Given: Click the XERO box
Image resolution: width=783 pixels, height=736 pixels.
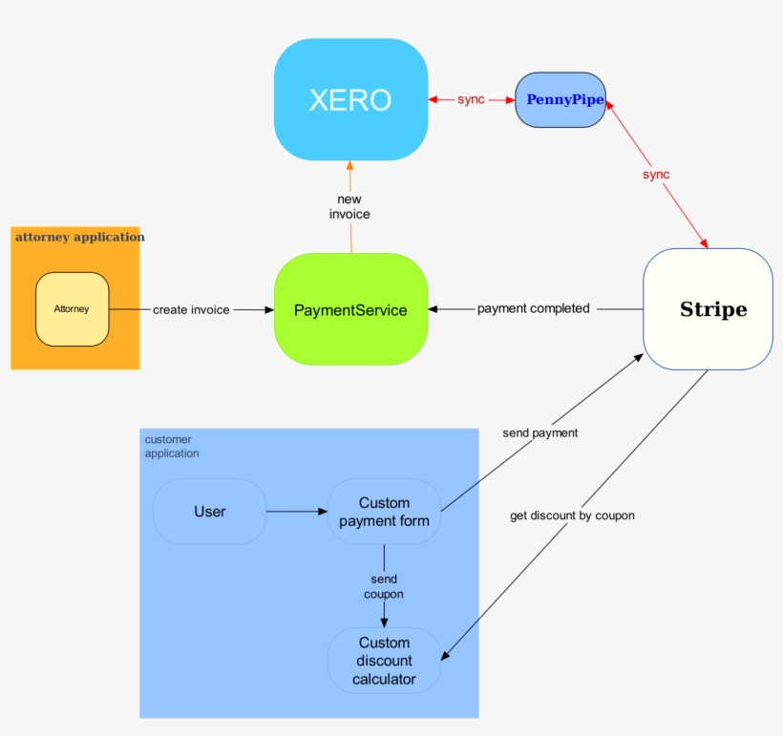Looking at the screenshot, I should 350,99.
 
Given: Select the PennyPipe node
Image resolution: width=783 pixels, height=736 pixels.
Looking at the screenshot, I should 561,99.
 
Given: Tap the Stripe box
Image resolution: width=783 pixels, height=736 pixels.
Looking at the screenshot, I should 708,309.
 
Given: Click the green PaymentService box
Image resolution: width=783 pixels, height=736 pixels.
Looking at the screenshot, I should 350,309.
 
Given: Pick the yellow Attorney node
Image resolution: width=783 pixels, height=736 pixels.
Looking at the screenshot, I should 72,308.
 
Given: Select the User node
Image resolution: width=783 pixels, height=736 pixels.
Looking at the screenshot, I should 209,512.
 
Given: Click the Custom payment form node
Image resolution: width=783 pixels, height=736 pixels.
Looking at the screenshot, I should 384,512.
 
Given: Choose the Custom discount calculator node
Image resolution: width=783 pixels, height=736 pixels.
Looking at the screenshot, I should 384,661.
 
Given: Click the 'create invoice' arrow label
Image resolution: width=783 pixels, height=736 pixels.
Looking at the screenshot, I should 191,309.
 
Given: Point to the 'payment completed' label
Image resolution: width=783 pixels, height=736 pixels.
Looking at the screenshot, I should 533,308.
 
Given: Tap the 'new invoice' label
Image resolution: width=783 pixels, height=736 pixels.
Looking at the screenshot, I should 349,206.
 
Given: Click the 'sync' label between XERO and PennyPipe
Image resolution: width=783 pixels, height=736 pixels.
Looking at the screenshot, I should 471,99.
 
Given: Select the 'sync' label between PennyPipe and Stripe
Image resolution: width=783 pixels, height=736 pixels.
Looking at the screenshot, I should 656,175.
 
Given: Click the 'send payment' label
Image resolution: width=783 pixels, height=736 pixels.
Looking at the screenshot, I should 540,432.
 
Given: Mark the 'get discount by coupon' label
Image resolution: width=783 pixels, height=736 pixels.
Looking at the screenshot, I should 572,515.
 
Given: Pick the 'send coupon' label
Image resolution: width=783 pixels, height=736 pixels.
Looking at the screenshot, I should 384,586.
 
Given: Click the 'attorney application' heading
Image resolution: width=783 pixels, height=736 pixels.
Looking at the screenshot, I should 79,237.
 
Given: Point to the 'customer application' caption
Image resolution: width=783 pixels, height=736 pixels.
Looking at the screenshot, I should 172,446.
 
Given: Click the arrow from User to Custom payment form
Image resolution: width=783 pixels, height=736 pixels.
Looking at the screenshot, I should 296,512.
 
